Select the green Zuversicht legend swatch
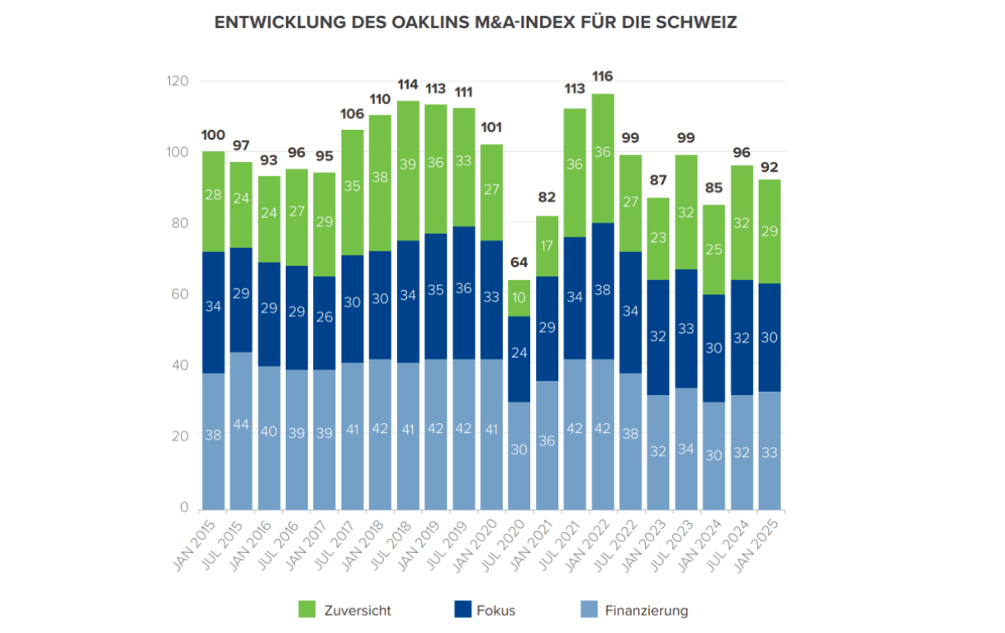(x=307, y=610)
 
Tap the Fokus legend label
(x=495, y=611)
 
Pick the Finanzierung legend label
(x=646, y=611)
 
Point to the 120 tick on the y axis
(x=177, y=81)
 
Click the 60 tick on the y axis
(x=179, y=294)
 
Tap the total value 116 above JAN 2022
(x=603, y=77)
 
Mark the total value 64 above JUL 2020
(x=519, y=263)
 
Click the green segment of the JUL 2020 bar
(x=519, y=297)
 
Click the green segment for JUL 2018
(x=408, y=164)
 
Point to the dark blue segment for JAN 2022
(x=603, y=291)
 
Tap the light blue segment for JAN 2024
(x=714, y=455)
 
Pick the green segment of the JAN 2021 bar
(x=548, y=245)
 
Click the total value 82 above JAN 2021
(x=548, y=197)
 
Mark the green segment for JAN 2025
(x=770, y=231)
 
